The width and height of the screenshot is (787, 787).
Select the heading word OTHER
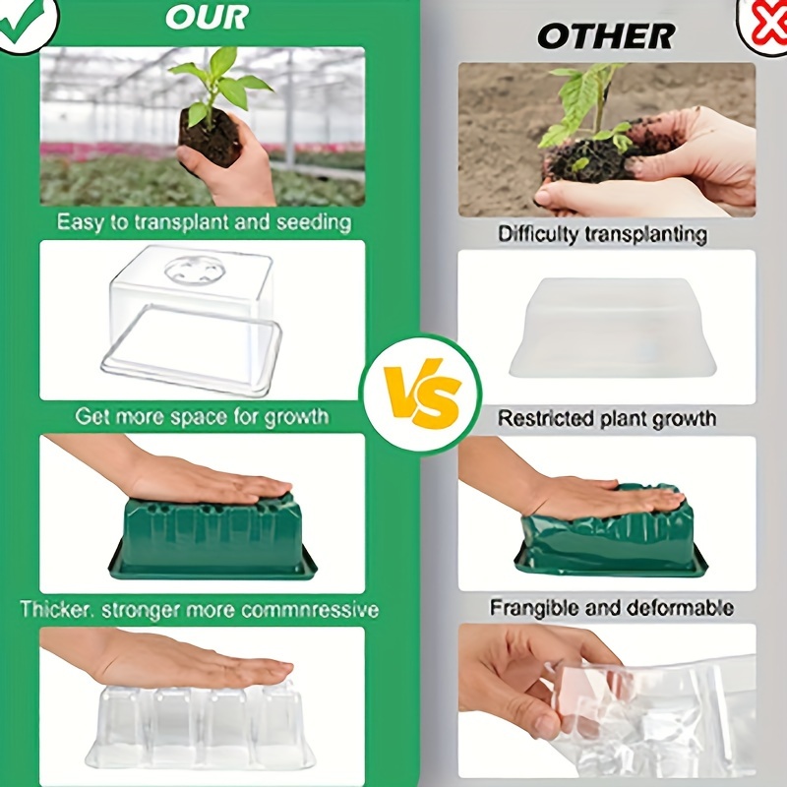point(605,36)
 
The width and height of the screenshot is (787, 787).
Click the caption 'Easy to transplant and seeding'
point(204,221)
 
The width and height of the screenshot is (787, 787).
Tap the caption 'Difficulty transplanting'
point(602,234)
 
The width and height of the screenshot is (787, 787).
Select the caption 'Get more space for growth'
point(202,416)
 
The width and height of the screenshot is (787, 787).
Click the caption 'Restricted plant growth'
point(606,418)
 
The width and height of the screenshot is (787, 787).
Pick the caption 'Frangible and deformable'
point(611,607)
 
